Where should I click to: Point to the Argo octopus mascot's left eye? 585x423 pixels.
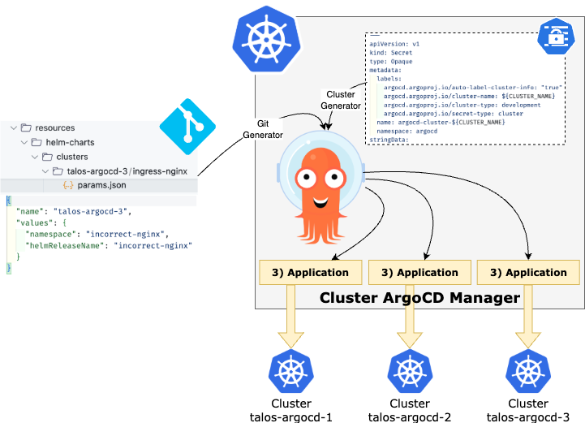pos(307,178)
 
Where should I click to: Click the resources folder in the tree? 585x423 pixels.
pos(55,127)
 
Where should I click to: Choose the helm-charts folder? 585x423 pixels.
pos(66,142)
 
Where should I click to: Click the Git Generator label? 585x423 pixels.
pos(265,128)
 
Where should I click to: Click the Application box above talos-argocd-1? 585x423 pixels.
pos(308,273)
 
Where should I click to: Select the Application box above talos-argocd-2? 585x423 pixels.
pos(419,273)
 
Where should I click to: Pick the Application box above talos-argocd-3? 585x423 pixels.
pos(528,273)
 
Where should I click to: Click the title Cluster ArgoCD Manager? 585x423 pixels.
pos(419,298)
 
